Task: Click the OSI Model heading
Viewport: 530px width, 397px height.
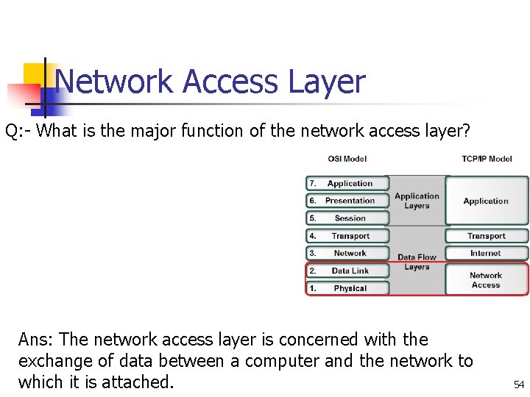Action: coord(347,159)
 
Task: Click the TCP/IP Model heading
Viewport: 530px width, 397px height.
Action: coord(487,159)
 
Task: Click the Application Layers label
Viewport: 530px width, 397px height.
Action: coord(417,201)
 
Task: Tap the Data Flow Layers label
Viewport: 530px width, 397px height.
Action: coord(417,262)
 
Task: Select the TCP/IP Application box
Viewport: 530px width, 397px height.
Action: coord(486,201)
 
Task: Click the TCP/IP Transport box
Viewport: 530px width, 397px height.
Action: coord(486,236)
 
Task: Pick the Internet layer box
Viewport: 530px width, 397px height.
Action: coord(486,254)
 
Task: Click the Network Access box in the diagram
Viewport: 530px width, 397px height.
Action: coord(486,280)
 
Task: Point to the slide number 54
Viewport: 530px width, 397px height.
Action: coord(519,385)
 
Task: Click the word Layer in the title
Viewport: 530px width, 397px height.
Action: coord(326,82)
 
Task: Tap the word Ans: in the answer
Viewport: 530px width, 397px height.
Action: coord(36,340)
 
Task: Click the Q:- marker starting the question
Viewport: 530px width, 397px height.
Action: coord(18,132)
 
